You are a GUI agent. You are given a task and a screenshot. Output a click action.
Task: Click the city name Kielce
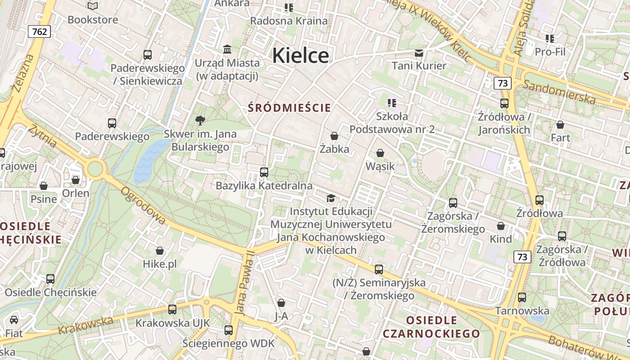coord(300,56)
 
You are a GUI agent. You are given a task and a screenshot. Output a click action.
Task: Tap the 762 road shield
coord(39,31)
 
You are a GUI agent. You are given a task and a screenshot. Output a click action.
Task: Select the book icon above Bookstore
coord(93,6)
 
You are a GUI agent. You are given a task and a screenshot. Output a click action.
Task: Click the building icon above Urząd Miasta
coord(227,49)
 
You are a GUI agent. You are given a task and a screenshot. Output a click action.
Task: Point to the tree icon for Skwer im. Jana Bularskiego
coord(200,120)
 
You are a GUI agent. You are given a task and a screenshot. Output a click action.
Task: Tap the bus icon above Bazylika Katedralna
coord(264,172)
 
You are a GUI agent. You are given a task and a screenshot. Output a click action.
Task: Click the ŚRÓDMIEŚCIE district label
coord(289,108)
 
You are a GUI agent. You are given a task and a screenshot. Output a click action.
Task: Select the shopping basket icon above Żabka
coord(334,135)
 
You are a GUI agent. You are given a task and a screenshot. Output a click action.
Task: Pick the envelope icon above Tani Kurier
coord(419,53)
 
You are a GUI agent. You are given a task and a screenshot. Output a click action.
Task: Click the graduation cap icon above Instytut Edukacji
coord(331,198)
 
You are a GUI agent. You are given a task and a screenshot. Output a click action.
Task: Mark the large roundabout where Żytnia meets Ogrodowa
coord(95,169)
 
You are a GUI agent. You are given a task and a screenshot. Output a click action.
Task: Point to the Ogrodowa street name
coord(143,205)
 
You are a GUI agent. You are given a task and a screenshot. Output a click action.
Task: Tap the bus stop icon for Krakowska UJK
coord(172,309)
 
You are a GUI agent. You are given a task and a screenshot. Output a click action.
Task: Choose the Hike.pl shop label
coord(160,264)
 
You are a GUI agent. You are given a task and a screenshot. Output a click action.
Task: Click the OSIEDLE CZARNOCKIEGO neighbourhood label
coord(432,327)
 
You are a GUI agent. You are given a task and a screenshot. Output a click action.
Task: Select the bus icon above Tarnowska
coord(522,297)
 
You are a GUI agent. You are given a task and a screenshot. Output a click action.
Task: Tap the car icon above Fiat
coord(14,320)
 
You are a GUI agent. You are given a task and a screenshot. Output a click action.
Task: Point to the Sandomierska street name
coord(559,91)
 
